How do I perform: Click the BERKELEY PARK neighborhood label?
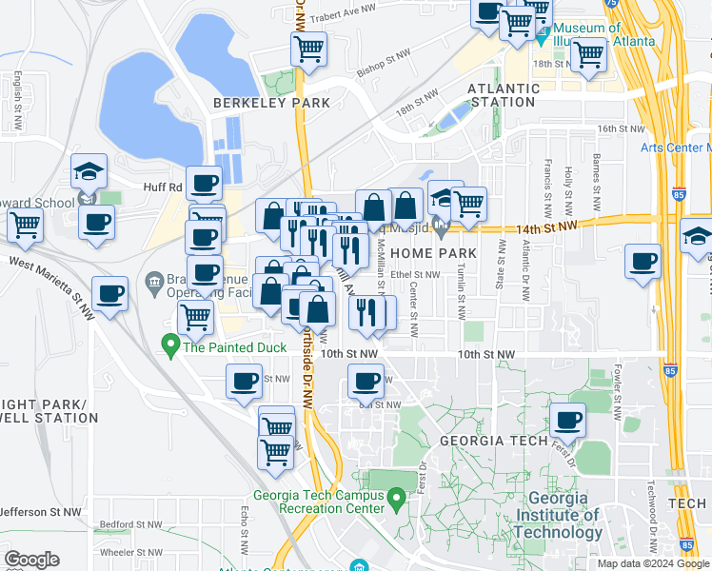coord(271,103)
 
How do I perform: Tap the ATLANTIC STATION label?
coord(504,95)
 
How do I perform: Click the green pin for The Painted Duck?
coord(171,344)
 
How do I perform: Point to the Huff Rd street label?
coord(162,187)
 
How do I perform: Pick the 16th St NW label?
coord(621,128)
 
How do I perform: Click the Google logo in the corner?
coord(31,560)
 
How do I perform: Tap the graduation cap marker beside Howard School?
coord(89,172)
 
